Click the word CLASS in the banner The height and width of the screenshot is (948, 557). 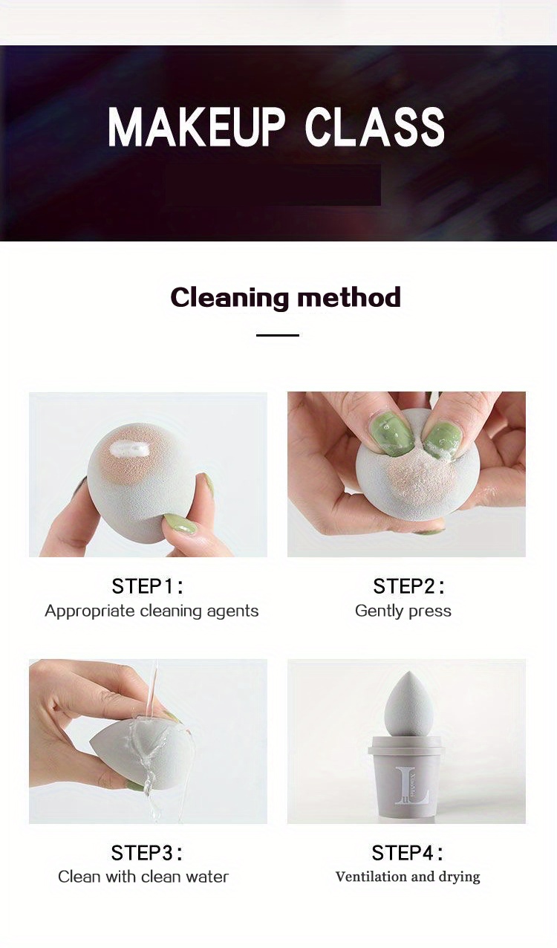(x=375, y=127)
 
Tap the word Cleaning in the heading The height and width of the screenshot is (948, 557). (x=227, y=297)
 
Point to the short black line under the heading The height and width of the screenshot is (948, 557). (x=277, y=335)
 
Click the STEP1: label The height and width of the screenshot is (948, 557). (x=148, y=586)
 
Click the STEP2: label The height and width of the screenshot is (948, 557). (x=409, y=586)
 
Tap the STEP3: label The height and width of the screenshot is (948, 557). (x=147, y=852)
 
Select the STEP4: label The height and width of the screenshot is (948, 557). (x=408, y=852)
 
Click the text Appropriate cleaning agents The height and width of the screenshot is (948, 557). (x=152, y=611)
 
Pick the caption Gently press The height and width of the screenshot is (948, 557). (x=403, y=611)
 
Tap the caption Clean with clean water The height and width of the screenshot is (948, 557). (x=143, y=877)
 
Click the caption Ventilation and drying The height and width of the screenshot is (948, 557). (x=408, y=877)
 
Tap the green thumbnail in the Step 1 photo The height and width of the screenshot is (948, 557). (x=180, y=525)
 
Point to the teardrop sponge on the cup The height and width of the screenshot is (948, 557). (x=407, y=702)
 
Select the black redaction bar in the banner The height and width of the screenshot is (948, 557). (x=273, y=184)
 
